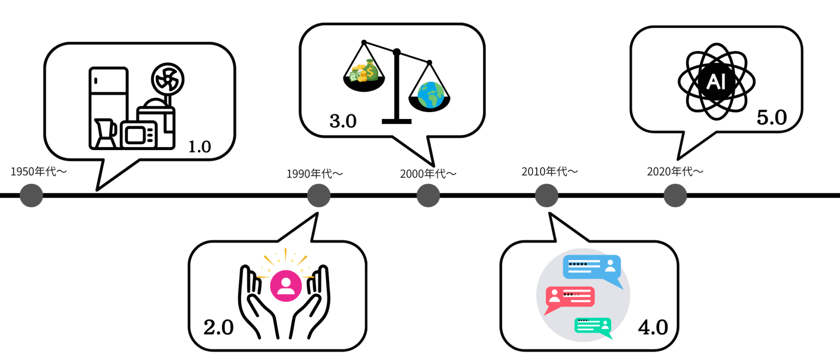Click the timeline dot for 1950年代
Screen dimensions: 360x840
click(31, 196)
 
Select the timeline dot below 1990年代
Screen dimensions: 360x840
click(318, 196)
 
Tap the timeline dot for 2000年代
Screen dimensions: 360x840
click(428, 196)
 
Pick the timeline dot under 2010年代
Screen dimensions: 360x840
click(546, 196)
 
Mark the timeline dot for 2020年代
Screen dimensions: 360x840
click(675, 196)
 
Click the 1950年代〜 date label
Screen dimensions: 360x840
click(38, 171)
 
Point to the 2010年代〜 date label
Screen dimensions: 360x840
click(549, 171)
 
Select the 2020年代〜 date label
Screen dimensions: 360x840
click(675, 171)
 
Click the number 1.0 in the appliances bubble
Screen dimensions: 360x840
click(199, 147)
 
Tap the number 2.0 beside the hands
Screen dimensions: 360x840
click(218, 328)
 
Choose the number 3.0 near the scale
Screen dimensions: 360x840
click(343, 121)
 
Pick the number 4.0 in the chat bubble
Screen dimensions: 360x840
click(653, 328)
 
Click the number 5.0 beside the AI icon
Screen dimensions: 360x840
click(772, 118)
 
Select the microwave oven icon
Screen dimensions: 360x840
click(139, 135)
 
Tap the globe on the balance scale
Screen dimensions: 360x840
click(430, 95)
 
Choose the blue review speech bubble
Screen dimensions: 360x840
click(591, 267)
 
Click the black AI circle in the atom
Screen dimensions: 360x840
click(716, 82)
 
